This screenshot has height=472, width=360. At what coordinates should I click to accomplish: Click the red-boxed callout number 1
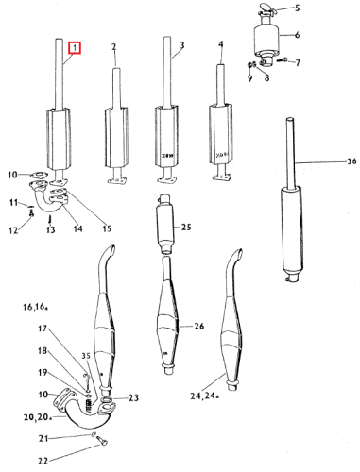(x=75, y=48)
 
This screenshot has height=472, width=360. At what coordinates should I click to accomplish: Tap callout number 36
(x=351, y=161)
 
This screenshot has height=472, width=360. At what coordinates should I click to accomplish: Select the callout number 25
(x=186, y=227)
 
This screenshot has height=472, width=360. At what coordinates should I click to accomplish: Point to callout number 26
(x=199, y=326)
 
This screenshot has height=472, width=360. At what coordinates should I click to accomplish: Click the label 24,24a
(x=204, y=396)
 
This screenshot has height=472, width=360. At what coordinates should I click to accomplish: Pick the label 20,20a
(x=38, y=417)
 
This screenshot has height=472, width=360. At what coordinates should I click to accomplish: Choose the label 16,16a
(x=35, y=307)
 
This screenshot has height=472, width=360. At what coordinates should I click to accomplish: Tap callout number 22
(x=43, y=461)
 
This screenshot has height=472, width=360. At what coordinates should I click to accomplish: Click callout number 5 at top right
(x=297, y=8)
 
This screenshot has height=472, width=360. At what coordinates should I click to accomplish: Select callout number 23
(x=133, y=397)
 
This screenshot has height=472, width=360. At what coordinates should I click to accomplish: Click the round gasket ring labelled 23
(x=107, y=400)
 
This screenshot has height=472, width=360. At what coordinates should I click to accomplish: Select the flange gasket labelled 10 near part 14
(x=39, y=175)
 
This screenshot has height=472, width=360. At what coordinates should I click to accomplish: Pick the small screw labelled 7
(x=283, y=59)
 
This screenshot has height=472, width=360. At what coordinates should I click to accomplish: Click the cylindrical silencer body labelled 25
(x=165, y=224)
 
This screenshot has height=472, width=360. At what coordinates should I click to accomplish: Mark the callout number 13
(x=50, y=229)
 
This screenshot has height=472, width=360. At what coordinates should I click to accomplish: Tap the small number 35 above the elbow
(x=86, y=356)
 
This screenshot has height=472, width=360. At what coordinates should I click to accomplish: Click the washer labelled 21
(x=93, y=435)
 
